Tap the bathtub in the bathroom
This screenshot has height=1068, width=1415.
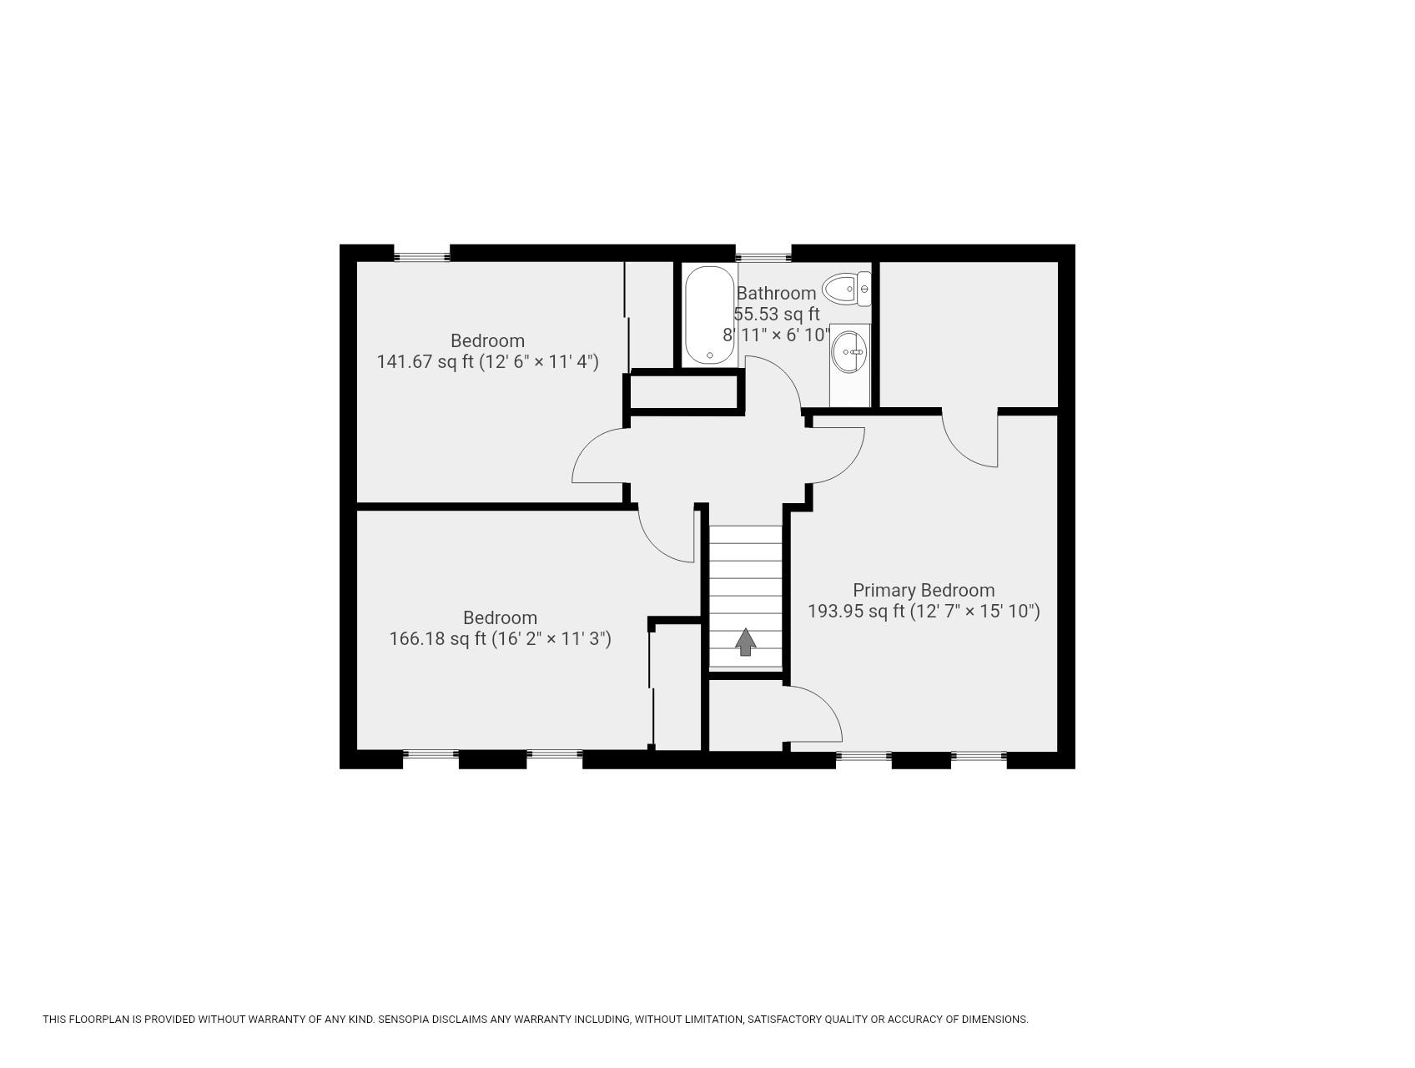pyautogui.click(x=710, y=315)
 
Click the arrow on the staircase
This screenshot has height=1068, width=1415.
pyautogui.click(x=745, y=642)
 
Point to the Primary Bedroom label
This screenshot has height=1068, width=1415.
pyautogui.click(x=923, y=590)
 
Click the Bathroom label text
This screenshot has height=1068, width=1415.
pyautogui.click(x=776, y=293)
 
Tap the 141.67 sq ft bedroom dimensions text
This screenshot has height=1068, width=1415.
pyautogui.click(x=487, y=361)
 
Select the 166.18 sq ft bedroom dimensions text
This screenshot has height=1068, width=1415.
pyautogui.click(x=500, y=638)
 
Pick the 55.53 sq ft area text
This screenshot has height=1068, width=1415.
pyautogui.click(x=777, y=314)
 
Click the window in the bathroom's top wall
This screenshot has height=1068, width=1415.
pyautogui.click(x=763, y=255)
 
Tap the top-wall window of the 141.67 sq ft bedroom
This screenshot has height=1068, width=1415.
pyautogui.click(x=421, y=255)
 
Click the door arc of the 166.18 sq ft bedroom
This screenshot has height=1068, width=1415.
pyautogui.click(x=659, y=543)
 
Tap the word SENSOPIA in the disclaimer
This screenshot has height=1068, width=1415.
pyautogui.click(x=410, y=1019)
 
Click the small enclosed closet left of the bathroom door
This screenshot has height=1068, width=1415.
pyautogui.click(x=684, y=392)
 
